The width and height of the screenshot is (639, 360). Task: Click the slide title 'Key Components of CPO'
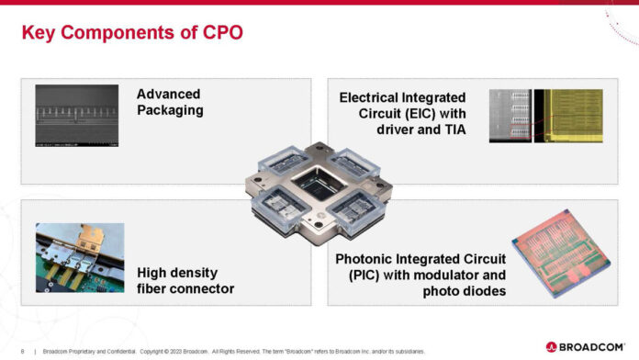coord(132,35)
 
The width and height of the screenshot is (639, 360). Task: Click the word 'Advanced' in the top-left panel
coord(168,95)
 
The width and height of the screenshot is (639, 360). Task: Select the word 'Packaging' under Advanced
coord(170,111)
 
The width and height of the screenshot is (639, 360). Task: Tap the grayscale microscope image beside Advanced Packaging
coord(77,116)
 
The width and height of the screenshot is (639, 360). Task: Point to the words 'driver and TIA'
coord(420,130)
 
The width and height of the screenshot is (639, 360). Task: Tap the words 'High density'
coord(177,273)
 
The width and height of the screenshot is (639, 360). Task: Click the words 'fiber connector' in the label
coord(185,289)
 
